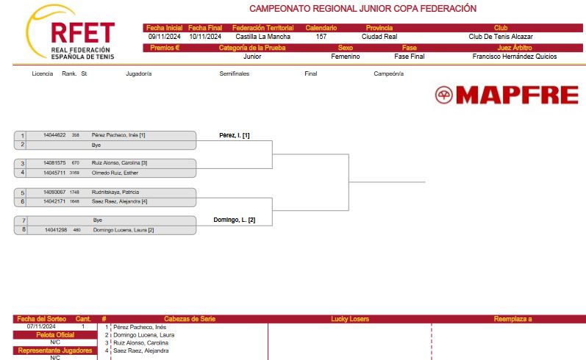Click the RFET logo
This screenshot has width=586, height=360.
pos(71,32)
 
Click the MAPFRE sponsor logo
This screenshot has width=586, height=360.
pos(507,95)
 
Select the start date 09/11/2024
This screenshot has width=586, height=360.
pos(165,37)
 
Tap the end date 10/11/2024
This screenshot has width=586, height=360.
pos(205,37)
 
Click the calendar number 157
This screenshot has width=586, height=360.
pos(321,37)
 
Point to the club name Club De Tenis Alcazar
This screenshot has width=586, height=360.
pos(501,37)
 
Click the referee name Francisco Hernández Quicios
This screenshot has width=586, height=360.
pos(515,57)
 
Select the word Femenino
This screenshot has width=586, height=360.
pos(346,57)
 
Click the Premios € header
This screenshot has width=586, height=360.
pos(165,48)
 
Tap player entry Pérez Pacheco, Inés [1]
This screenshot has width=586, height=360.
pos(118,135)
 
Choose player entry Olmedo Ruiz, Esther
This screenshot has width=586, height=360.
pos(115,173)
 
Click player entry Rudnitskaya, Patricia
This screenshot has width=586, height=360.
pos(115,192)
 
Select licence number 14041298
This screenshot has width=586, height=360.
pos(56,230)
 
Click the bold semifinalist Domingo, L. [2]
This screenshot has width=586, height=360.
pos(235,220)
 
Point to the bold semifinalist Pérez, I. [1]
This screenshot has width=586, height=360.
pos(235,135)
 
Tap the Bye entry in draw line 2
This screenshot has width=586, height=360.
pos(96,145)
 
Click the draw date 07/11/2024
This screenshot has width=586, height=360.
pos(41,326)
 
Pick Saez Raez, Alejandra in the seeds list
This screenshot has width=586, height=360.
pos(141,350)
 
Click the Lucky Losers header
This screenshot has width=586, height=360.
pos(350,319)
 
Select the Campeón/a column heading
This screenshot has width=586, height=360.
pos(389,74)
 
